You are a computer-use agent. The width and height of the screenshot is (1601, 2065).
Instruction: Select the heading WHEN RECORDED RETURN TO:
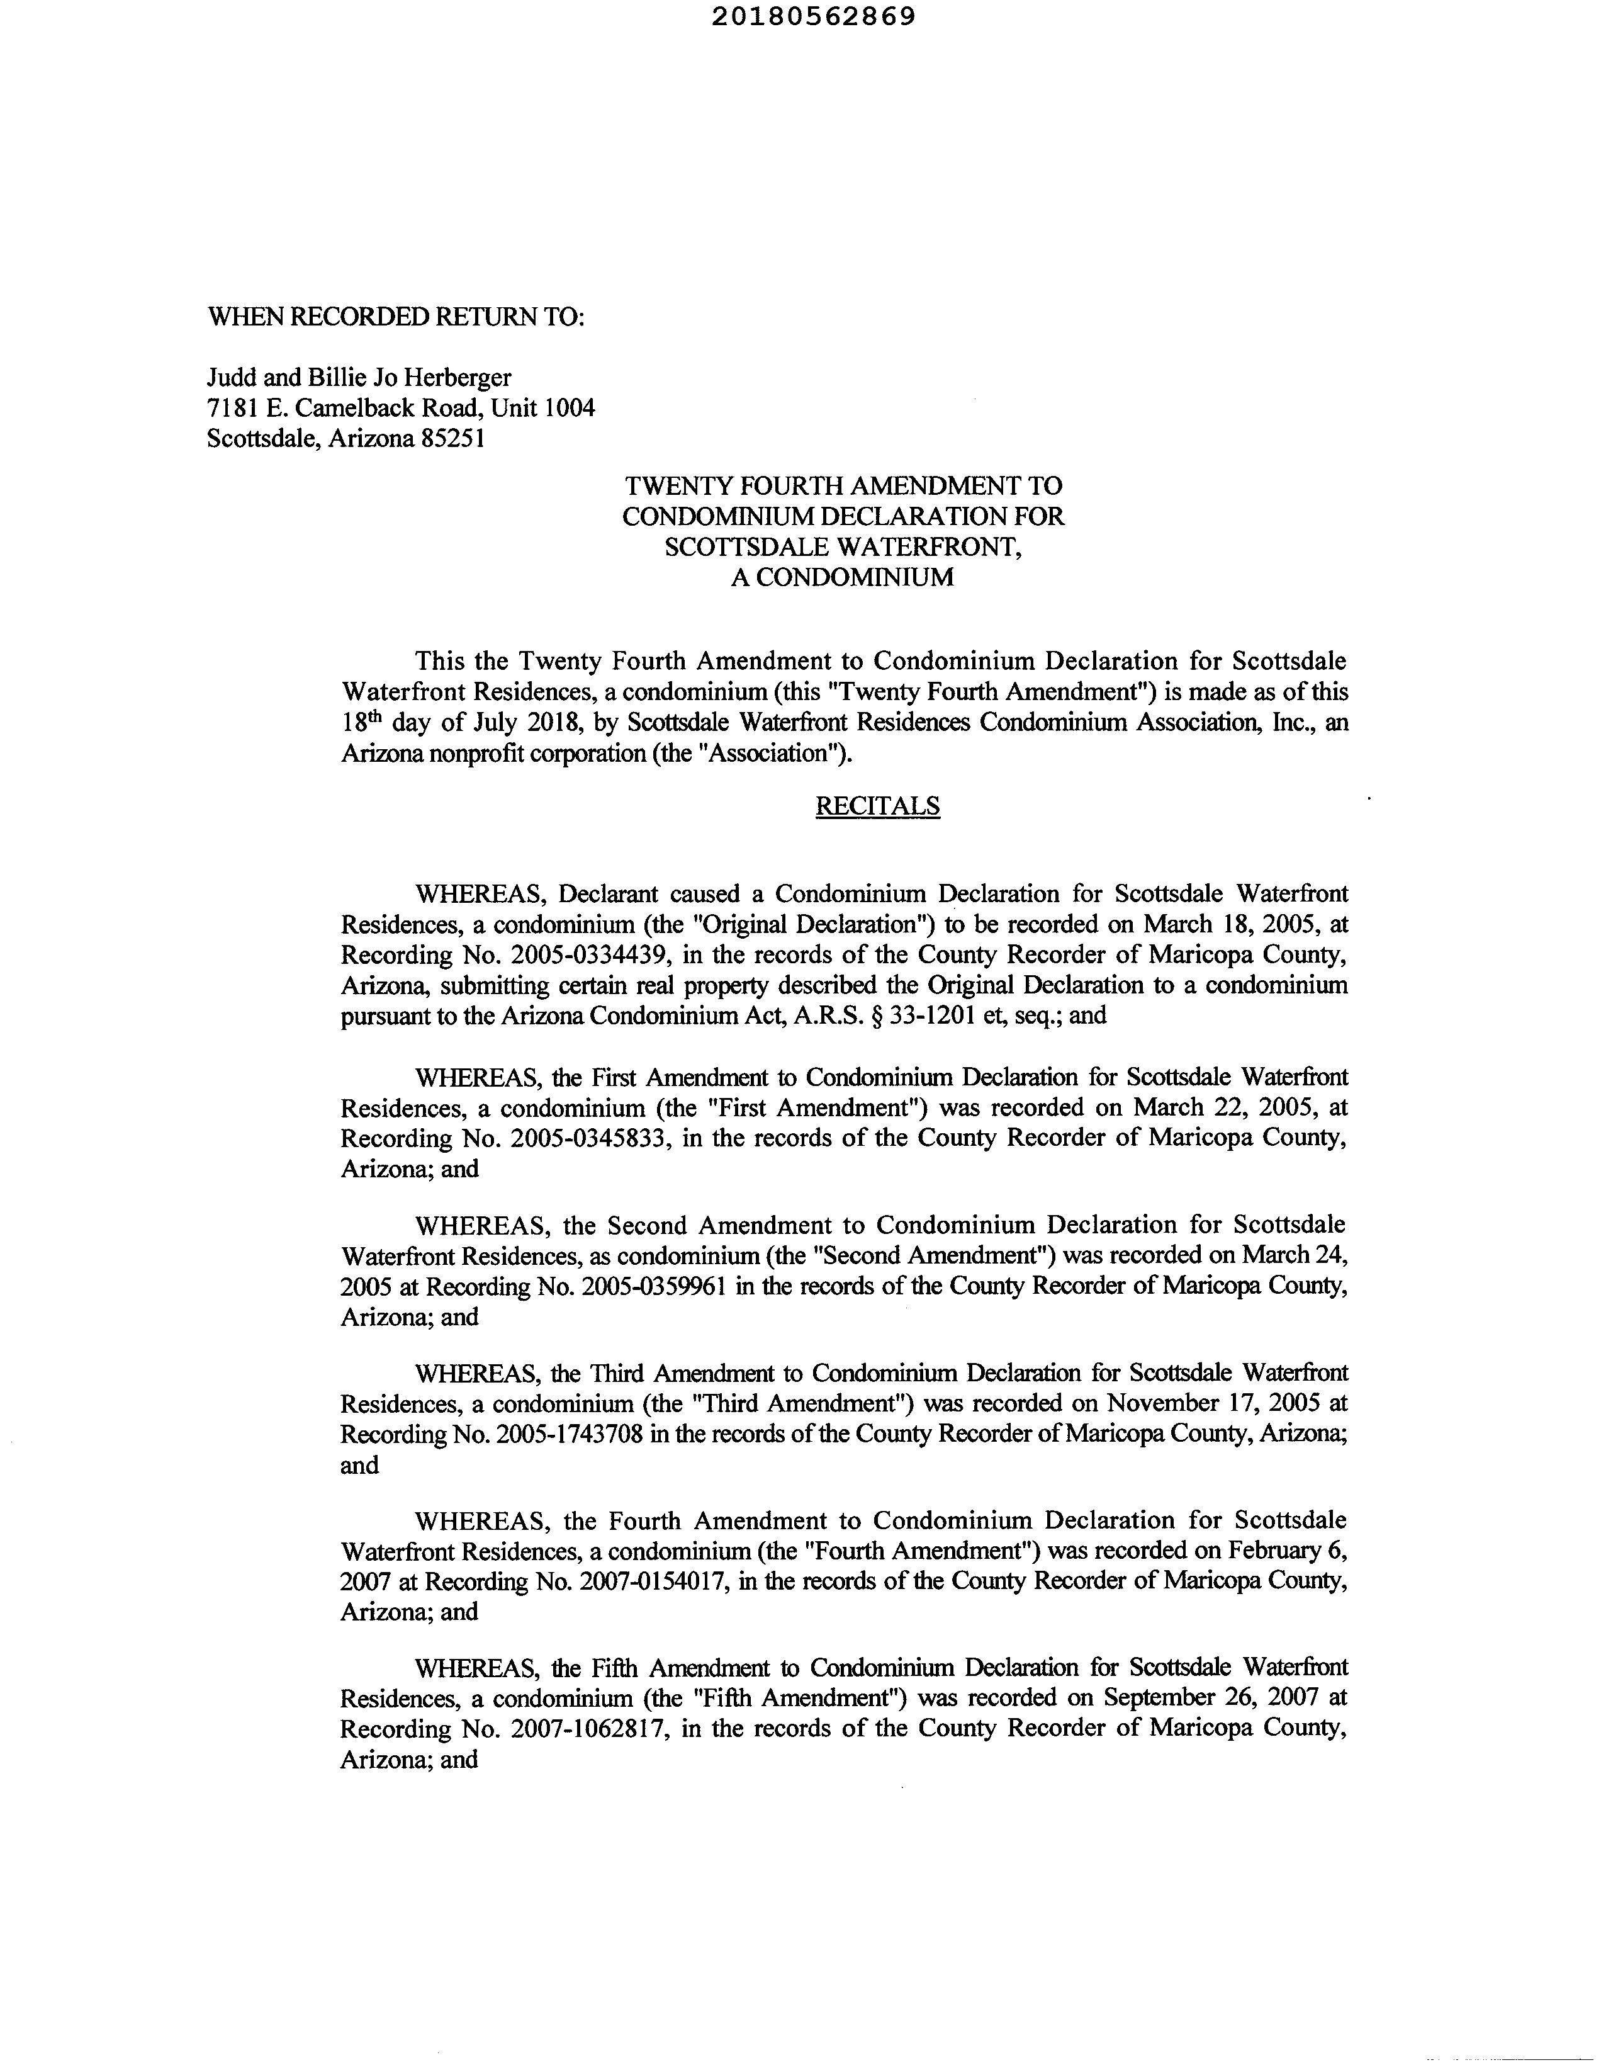coord(396,317)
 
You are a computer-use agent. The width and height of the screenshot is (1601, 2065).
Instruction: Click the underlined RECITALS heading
coord(877,806)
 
